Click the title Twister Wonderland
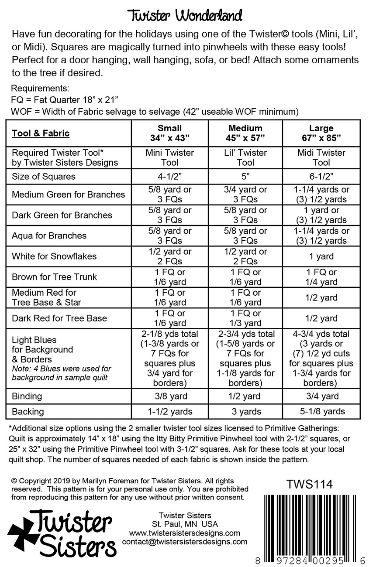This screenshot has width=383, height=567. point(185,16)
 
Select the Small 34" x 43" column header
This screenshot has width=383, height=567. point(169,133)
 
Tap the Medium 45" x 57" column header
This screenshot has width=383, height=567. point(245,133)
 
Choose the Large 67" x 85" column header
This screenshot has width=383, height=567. point(321,133)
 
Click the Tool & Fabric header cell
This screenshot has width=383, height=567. point(41,133)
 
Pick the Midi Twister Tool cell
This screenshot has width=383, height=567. point(321,157)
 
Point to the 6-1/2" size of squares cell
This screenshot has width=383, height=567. point(321,177)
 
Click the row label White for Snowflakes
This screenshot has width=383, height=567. point(54,256)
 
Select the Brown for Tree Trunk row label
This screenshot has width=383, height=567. point(54,277)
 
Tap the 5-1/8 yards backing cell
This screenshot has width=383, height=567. point(321,411)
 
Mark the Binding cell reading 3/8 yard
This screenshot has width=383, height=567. point(169,396)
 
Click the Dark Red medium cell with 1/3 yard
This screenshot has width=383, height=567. point(245,318)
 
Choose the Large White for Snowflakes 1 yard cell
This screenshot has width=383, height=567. point(321,256)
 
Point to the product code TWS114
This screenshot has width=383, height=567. point(309,485)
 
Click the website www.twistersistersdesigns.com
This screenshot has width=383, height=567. point(185,533)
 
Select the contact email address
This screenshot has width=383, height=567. point(185,542)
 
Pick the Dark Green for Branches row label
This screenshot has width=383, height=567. point(62,215)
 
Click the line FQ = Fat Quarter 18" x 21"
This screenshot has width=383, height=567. point(65,99)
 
